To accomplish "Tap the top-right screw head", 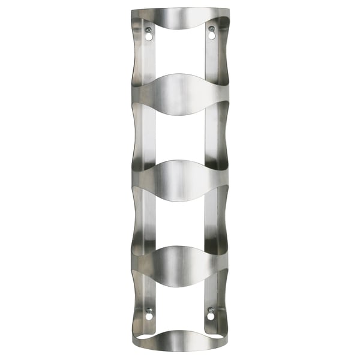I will pos(211,29).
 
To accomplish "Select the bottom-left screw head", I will pos(149,311).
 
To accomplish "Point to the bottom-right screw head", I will pos(211,311).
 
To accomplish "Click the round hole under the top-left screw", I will pos(148,36).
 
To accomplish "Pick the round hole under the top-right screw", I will pos(211,36).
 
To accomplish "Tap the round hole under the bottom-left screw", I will pos(149,317).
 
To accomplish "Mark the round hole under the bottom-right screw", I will pos(211,317).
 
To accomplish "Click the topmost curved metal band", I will pos(180,14).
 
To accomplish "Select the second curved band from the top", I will pos(180,94).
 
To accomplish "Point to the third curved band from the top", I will pos(180,179).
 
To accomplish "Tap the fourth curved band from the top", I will pos(180,265).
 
